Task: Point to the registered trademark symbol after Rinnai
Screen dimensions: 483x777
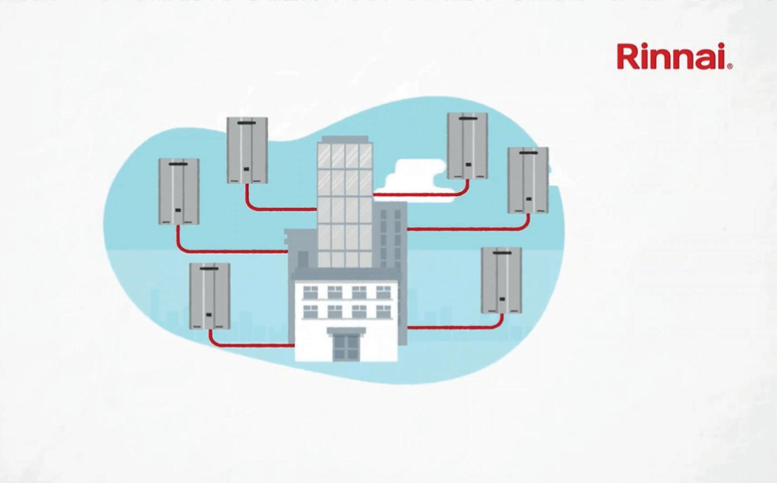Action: pos(729,66)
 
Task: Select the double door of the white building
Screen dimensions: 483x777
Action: pos(346,346)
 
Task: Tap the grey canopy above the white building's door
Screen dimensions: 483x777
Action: pos(346,331)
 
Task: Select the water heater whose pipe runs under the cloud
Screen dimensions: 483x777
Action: pos(467,145)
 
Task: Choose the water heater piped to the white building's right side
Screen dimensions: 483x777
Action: pos(501,280)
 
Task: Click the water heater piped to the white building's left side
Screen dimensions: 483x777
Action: pos(210,296)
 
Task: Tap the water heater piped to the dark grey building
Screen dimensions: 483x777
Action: pos(528,180)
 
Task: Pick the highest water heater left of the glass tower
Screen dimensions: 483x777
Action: pos(247,150)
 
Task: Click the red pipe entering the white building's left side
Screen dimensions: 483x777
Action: pos(253,345)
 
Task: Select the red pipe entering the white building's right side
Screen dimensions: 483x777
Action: pos(451,327)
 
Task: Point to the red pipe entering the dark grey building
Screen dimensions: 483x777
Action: pos(462,229)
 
